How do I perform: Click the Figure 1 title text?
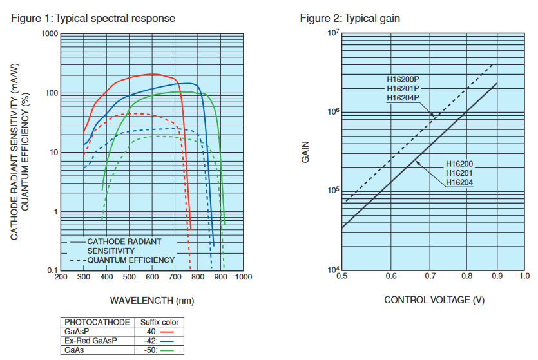click(93, 18)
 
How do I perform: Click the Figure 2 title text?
click(350, 18)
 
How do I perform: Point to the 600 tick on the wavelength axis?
click(152, 277)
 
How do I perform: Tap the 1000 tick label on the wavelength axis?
click(243, 277)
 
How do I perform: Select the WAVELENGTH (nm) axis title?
click(151, 300)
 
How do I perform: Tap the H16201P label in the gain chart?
click(403, 88)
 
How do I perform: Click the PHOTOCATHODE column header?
click(97, 321)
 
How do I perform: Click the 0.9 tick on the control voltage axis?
click(497, 277)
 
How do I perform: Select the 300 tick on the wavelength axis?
click(84, 277)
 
